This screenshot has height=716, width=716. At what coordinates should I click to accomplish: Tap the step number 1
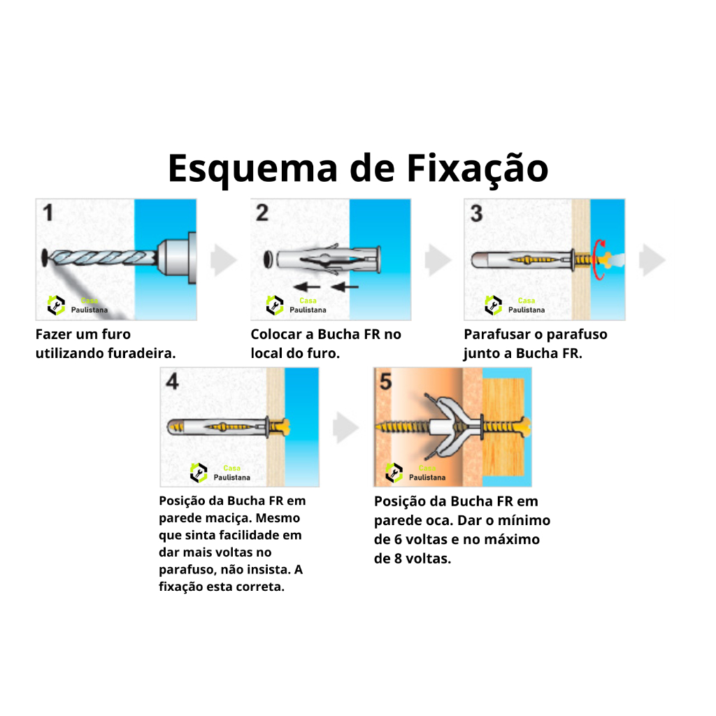48,213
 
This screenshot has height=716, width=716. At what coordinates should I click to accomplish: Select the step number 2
262,213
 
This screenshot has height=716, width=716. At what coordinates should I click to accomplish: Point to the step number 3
476,213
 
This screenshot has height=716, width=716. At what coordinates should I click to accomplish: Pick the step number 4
172,381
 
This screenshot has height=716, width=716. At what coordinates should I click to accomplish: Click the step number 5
386,381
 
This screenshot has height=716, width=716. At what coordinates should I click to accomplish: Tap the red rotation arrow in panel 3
599,259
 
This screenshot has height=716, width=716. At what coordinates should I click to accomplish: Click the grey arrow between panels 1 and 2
223,260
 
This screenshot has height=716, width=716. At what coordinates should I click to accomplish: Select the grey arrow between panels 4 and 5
345,427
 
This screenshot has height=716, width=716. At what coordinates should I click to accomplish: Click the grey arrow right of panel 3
652,260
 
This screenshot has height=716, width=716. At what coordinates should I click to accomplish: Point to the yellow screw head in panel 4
283,427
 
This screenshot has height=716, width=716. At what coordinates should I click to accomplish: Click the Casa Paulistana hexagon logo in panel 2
274,305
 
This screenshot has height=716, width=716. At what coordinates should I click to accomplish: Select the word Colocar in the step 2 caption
275,334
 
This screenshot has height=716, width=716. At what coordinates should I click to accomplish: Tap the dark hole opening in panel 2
268,259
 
